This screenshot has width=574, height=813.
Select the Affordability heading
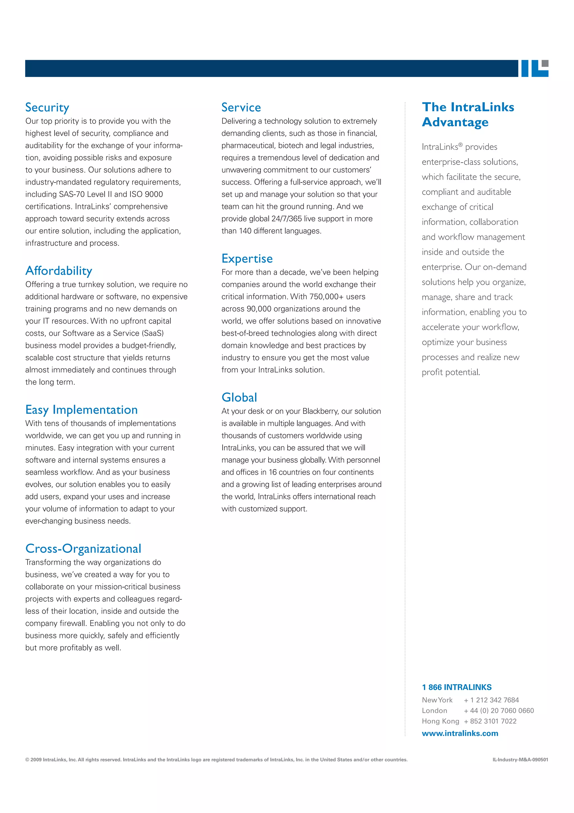point(59,271)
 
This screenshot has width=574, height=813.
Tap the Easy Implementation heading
point(81,410)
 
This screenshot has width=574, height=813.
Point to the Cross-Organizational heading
point(83,549)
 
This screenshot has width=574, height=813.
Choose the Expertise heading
point(247,259)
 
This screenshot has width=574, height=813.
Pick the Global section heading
point(239,398)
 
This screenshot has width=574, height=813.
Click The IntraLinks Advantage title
point(467,114)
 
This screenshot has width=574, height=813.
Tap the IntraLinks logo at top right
point(534,68)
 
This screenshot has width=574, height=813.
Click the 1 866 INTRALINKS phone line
point(456,687)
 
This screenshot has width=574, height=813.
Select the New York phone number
point(491,700)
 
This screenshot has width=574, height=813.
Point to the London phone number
point(499,711)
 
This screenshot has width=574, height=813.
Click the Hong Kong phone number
point(490,721)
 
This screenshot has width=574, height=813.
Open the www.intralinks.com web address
point(460,733)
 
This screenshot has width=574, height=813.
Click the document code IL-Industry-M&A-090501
point(520,759)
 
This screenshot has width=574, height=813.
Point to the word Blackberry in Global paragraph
point(320,411)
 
